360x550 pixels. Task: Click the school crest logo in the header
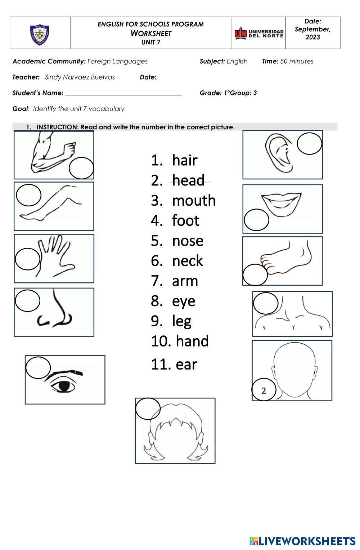pyautogui.click(x=40, y=35)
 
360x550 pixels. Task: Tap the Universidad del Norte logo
pyautogui.click(x=258, y=33)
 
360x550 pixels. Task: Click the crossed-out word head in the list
pyautogui.click(x=188, y=180)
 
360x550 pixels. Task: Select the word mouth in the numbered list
pyautogui.click(x=194, y=200)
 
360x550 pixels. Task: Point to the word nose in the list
pyautogui.click(x=188, y=241)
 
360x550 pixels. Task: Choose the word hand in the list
pyautogui.click(x=192, y=341)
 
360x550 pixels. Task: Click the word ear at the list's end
pyautogui.click(x=186, y=364)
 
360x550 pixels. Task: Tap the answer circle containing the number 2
pyautogui.click(x=264, y=390)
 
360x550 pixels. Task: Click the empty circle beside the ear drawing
pyautogui.click(x=309, y=143)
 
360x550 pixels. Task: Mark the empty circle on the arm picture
pyautogui.click(x=81, y=168)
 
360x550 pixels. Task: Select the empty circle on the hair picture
pyautogui.click(x=148, y=408)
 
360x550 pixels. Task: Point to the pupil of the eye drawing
pyautogui.click(x=64, y=386)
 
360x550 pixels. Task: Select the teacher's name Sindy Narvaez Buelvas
pyautogui.click(x=80, y=77)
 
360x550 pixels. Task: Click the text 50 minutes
pyautogui.click(x=297, y=61)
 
